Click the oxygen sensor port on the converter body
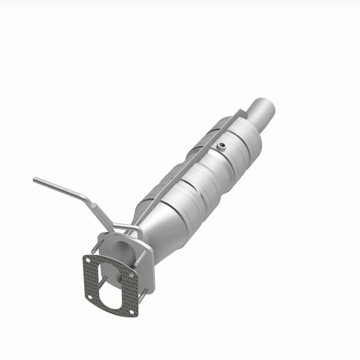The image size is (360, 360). [x=222, y=146]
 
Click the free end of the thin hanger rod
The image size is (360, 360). [x=35, y=179]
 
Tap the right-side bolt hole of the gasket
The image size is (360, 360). [x=131, y=275]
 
